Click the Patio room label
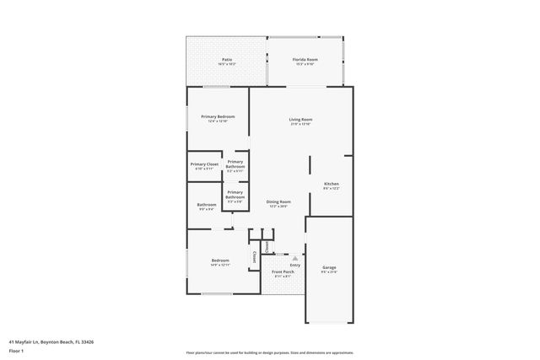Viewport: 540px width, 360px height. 227,59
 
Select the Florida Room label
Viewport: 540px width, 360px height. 305,59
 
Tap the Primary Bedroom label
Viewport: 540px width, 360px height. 218,116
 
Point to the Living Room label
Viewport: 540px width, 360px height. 301,120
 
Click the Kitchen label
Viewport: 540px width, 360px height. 332,183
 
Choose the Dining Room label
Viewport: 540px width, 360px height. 279,201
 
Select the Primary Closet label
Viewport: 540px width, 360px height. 204,164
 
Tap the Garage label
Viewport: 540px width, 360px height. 329,267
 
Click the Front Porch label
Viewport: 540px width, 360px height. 283,271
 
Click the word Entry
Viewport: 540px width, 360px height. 294,265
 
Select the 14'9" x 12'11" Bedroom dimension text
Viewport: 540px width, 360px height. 219,266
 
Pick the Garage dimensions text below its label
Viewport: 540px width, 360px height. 329,272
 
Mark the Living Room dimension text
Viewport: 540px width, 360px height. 301,125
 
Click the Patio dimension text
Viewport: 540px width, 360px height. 227,64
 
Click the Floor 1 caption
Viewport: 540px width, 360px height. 16,350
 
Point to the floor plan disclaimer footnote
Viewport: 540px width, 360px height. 269,352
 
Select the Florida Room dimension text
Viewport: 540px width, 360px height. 305,64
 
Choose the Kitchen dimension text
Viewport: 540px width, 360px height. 332,188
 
